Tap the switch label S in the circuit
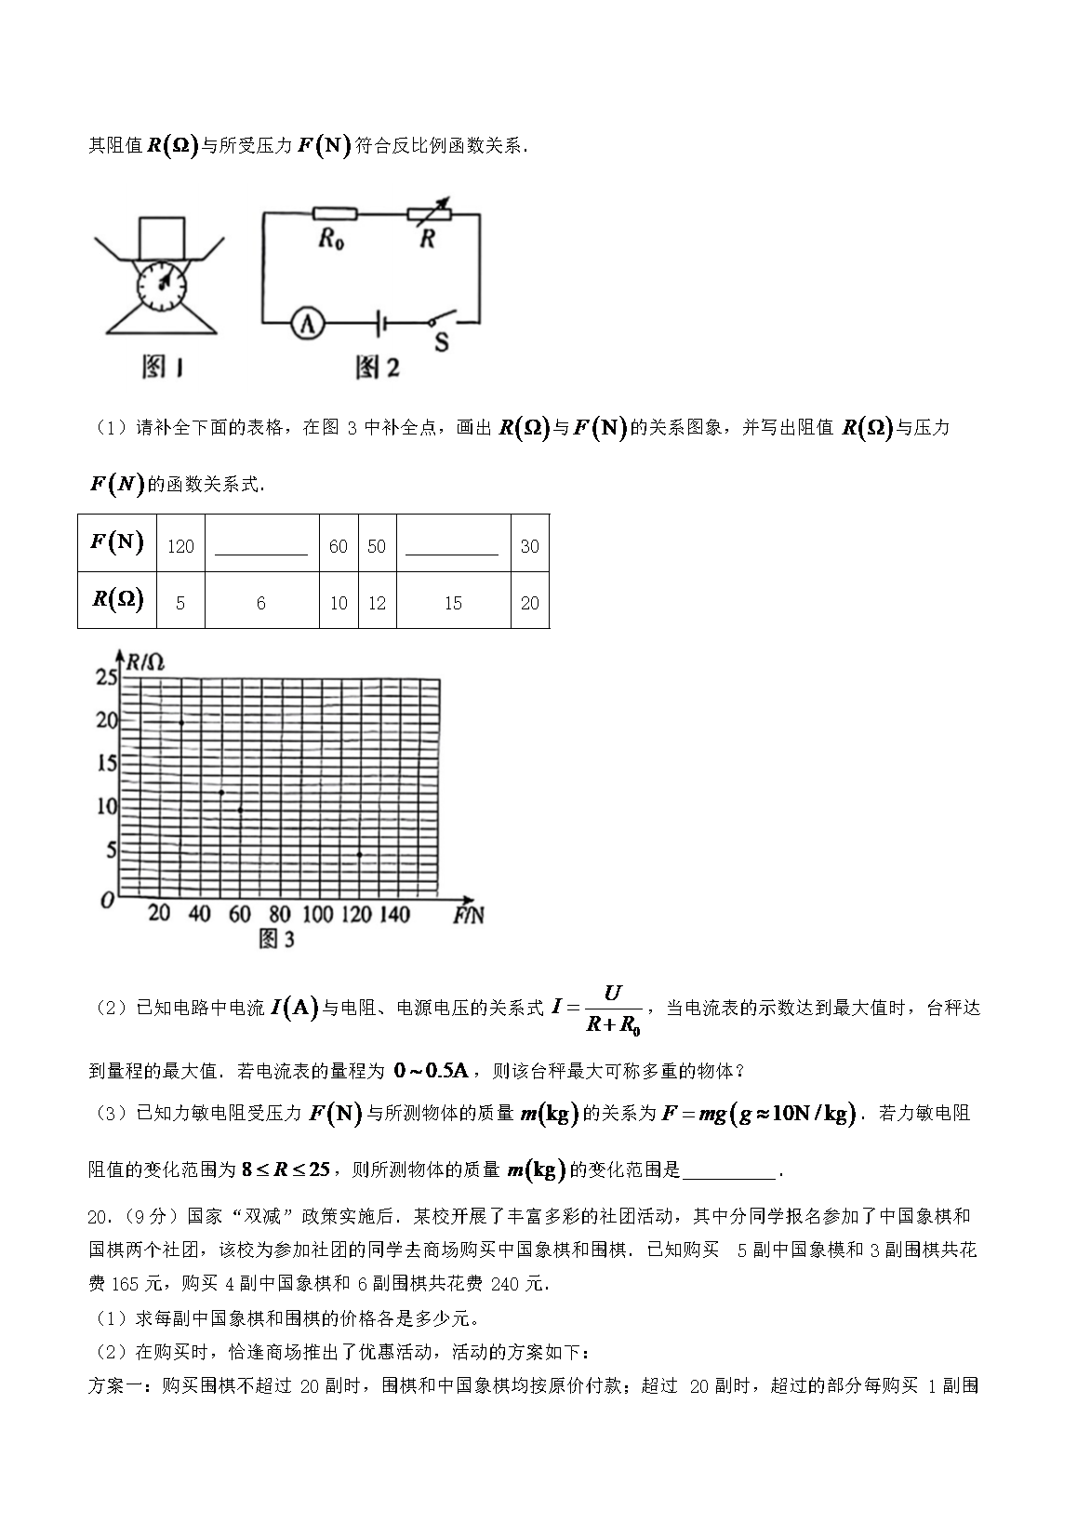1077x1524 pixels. click(x=441, y=343)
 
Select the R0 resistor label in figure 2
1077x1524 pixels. click(x=331, y=239)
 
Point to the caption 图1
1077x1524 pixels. click(x=163, y=368)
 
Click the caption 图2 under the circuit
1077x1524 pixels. click(x=378, y=368)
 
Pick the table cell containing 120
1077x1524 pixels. click(x=180, y=546)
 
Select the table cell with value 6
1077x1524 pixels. click(x=261, y=604)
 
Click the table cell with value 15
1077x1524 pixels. click(x=453, y=604)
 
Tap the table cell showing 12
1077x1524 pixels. click(x=377, y=604)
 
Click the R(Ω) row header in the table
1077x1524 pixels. click(x=118, y=600)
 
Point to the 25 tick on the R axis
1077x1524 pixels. click(x=107, y=677)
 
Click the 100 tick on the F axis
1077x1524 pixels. click(x=317, y=915)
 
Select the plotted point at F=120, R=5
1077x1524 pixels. click(x=359, y=854)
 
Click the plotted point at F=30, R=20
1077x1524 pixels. click(x=181, y=723)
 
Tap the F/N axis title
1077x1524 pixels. click(x=469, y=916)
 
